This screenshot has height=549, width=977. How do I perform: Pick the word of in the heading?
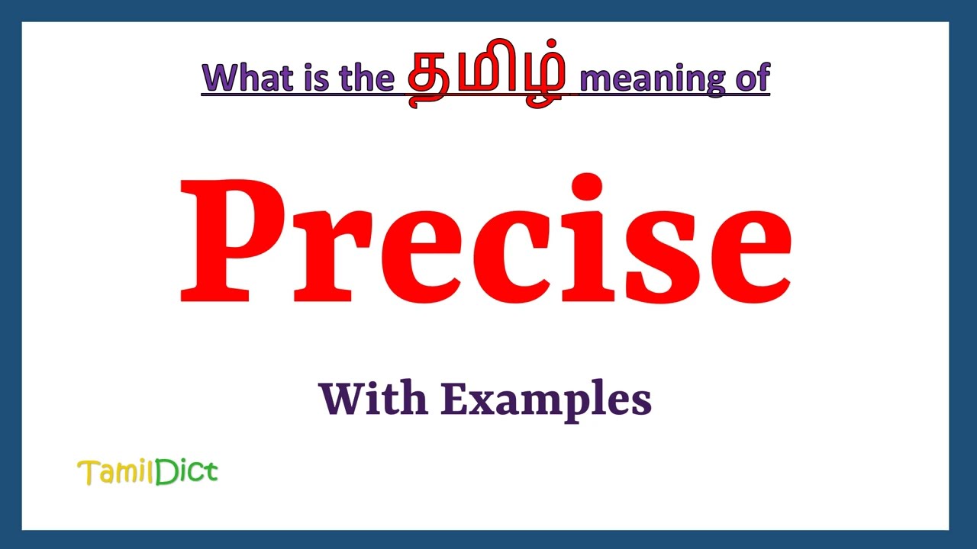(750, 77)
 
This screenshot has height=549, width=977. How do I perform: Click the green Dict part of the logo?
(186, 472)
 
